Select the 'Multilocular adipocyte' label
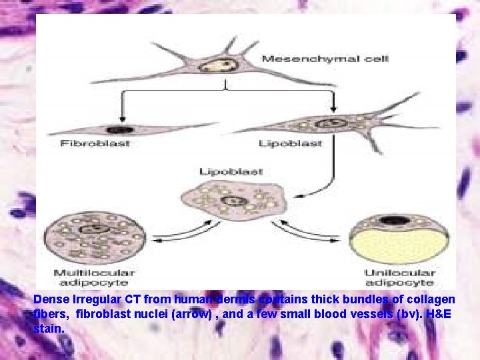(x=93, y=278)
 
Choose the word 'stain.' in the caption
(x=49, y=328)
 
